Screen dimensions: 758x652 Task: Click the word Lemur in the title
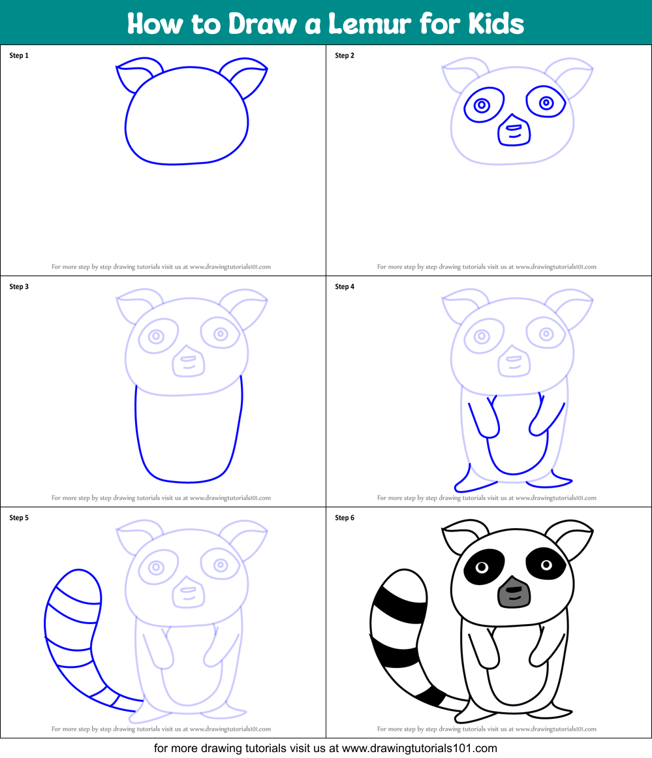click(x=358, y=24)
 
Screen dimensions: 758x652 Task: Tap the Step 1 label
click(x=19, y=55)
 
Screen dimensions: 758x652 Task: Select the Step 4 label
click(x=345, y=287)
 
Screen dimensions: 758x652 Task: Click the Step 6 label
click(x=345, y=518)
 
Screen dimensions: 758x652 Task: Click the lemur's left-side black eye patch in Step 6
click(x=484, y=565)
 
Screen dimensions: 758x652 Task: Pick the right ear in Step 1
click(x=245, y=77)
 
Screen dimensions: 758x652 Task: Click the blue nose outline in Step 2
click(x=514, y=131)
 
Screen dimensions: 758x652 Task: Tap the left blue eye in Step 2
click(x=482, y=105)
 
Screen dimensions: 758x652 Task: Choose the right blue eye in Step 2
click(x=546, y=103)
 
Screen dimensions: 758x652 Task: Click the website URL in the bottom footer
click(x=419, y=748)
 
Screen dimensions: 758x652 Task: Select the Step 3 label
click(x=19, y=287)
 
